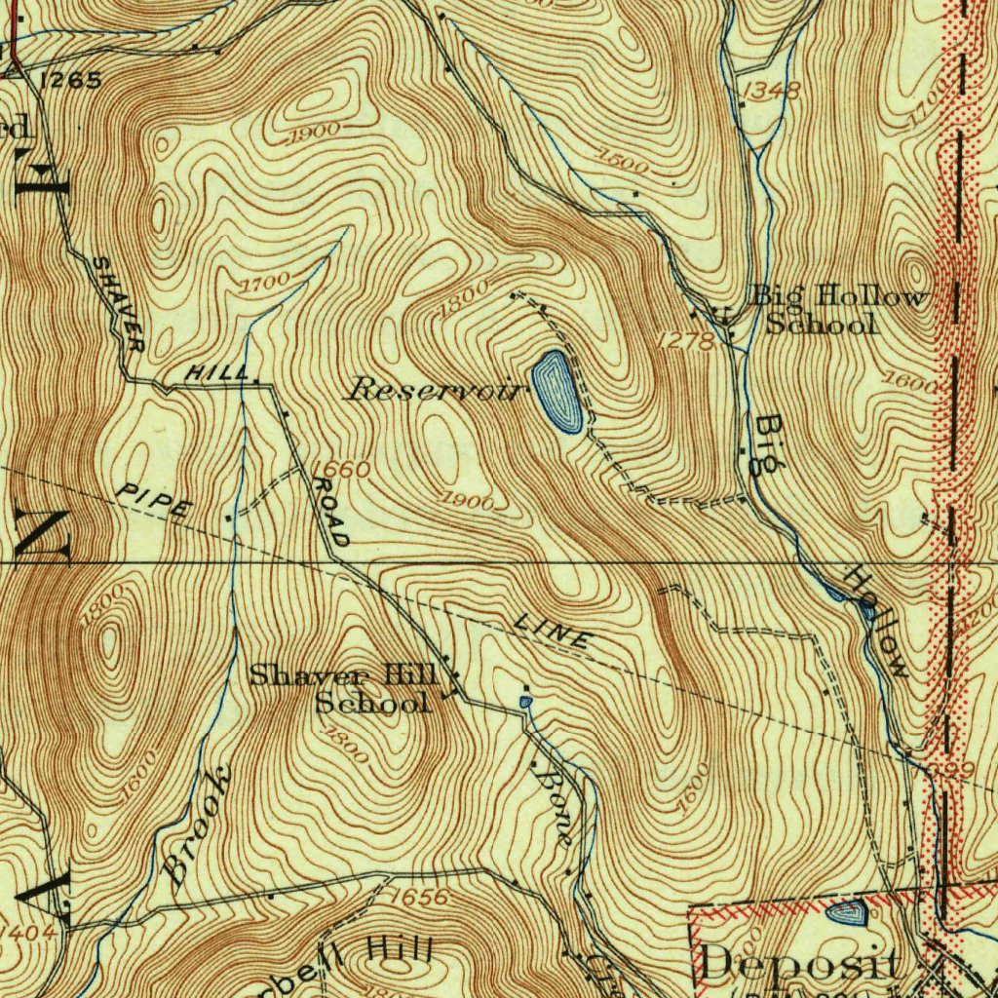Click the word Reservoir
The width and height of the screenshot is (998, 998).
point(437,390)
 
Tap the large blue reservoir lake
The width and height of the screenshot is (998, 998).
point(557,392)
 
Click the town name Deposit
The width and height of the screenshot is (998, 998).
point(799,966)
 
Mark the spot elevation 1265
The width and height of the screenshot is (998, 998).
point(71,81)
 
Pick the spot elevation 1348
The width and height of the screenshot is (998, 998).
point(771,92)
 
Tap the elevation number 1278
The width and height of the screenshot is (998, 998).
point(686,340)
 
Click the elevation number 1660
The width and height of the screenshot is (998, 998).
point(341,470)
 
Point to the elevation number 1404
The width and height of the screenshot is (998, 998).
point(26,934)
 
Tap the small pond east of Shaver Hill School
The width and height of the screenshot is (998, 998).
point(526,701)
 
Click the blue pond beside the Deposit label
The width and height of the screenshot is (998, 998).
point(846,913)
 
